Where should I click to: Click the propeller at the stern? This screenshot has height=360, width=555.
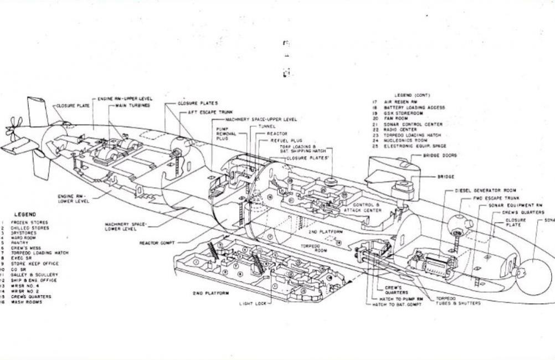pos(12,128)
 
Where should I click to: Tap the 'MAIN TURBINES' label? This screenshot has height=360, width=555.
pos(133,105)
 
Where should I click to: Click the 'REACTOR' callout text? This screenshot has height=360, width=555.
pos(277,133)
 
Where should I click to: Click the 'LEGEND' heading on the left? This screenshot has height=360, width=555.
pos(24,214)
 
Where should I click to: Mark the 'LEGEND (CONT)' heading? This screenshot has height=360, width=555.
pos(412,95)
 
